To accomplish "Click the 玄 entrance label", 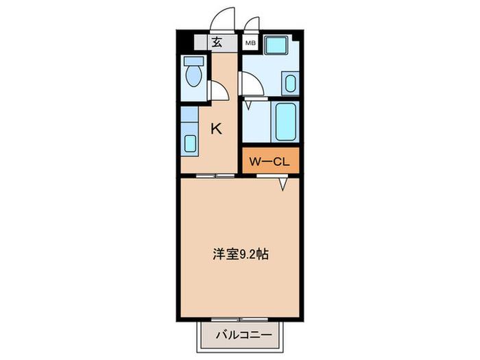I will click(217, 43).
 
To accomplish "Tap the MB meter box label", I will click(251, 43).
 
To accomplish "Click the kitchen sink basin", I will click(190, 143).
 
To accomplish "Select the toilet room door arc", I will click(219, 93).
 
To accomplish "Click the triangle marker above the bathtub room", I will click(248, 106).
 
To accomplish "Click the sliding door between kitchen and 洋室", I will click(214, 176).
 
